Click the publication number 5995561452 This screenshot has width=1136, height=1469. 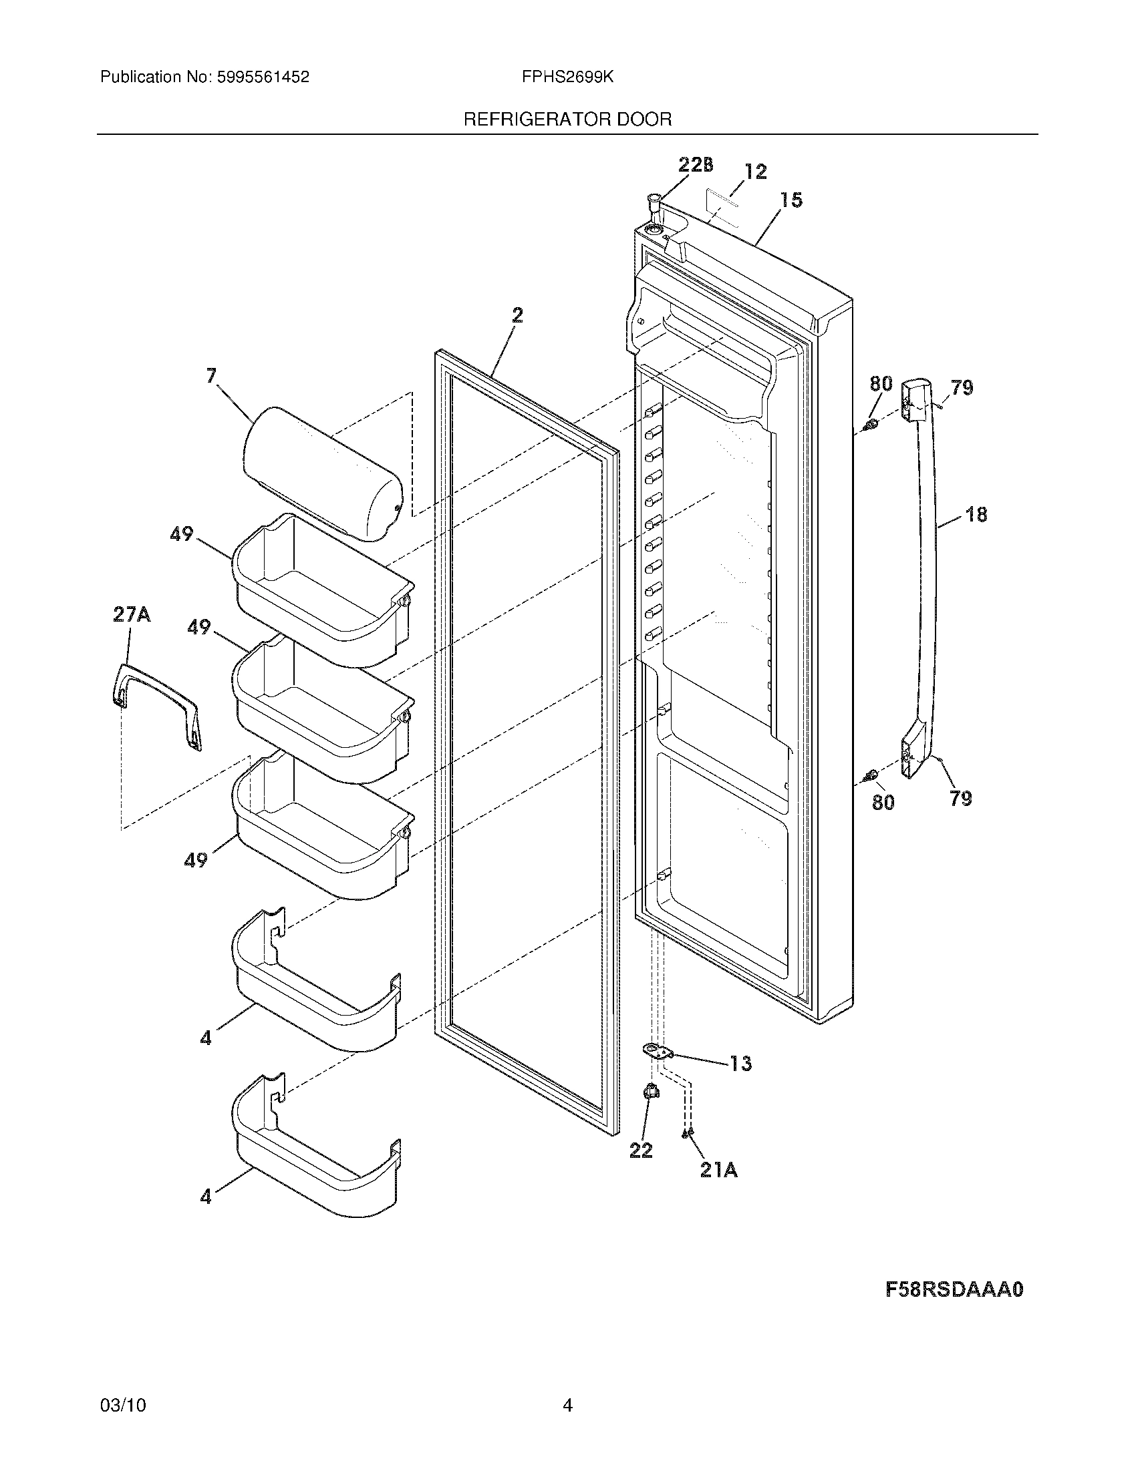(263, 77)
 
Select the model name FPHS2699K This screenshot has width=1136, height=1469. (567, 77)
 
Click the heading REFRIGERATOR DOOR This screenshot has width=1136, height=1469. (567, 120)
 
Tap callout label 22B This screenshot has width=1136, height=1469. (695, 165)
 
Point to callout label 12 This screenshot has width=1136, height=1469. (756, 172)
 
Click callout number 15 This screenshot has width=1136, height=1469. (791, 200)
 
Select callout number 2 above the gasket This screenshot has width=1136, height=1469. (517, 314)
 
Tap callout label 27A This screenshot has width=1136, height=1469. (132, 615)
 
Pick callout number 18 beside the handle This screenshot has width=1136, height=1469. (976, 515)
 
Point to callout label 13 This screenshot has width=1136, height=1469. (740, 1064)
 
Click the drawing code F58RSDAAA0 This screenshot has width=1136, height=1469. (954, 1290)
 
